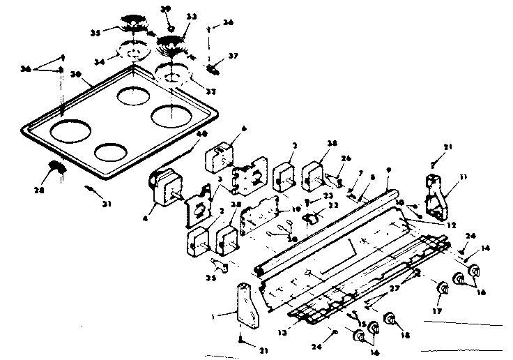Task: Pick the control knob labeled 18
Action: pos(390,320)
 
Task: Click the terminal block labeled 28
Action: pos(56,167)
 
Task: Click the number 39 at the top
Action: pos(166,9)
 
